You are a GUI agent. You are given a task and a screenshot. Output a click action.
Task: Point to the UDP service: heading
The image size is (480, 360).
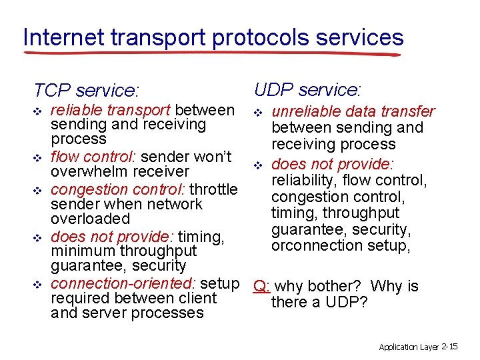(x=307, y=89)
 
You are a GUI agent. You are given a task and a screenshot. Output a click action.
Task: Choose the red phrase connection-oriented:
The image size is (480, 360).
(x=123, y=283)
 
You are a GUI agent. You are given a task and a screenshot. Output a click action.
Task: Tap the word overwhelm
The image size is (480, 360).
(x=87, y=172)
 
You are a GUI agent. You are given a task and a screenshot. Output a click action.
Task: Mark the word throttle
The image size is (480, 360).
(x=215, y=189)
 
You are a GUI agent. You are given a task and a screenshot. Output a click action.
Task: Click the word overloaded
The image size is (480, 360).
(x=90, y=219)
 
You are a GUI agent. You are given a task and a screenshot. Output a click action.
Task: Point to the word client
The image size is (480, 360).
(x=198, y=298)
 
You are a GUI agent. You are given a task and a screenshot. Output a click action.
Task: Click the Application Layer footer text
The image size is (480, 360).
(x=409, y=347)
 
